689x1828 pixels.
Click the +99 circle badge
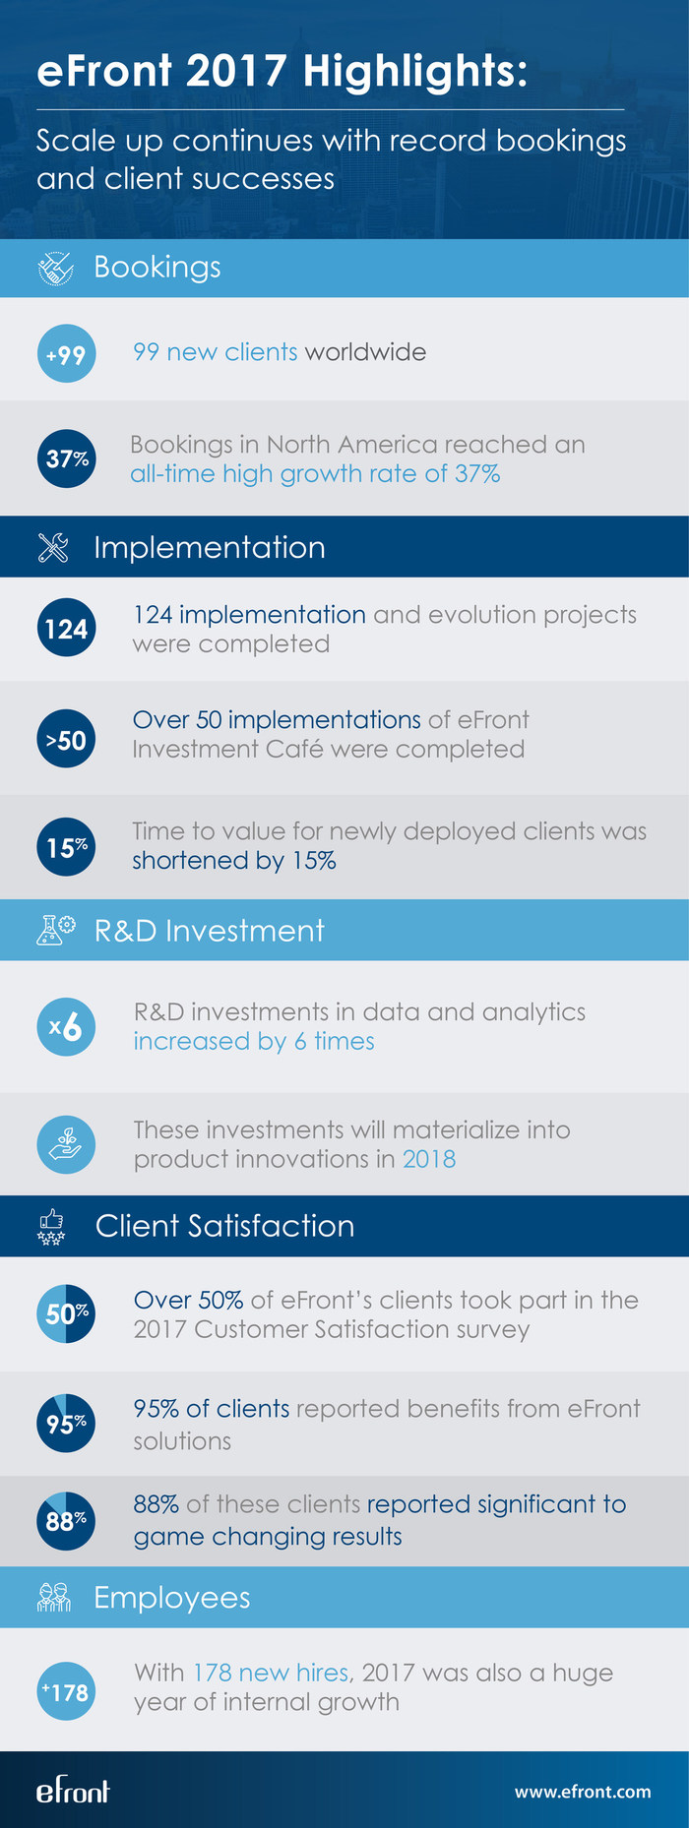66,354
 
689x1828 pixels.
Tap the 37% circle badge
66,458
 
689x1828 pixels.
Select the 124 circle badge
66,628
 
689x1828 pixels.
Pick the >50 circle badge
66,740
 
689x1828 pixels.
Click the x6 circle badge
66,1027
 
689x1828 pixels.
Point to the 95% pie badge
66,1423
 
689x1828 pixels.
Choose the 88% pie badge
66,1521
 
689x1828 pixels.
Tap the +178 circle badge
66,1691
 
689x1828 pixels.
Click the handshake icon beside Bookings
55,269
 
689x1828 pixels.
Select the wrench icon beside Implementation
53,547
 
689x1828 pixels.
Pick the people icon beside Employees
54,1598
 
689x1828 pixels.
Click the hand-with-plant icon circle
66,1144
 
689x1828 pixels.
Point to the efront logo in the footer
73,1791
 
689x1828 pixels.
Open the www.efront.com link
583,1792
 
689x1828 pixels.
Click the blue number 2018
429,1159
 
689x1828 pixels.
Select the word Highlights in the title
414,72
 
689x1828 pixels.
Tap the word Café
296,750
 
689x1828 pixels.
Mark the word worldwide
365,352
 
